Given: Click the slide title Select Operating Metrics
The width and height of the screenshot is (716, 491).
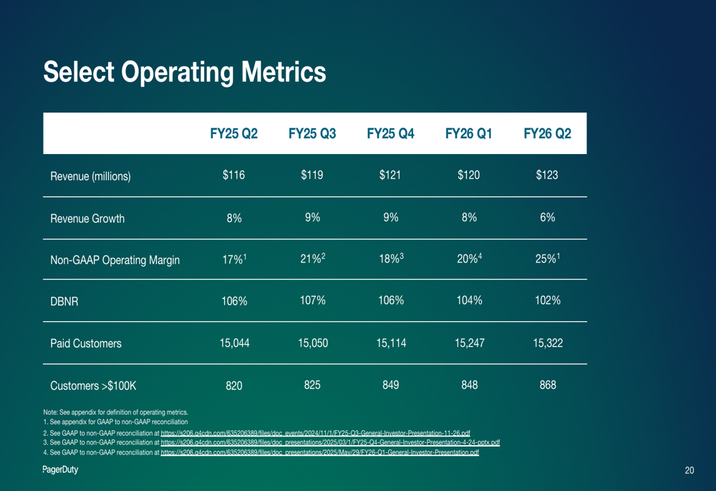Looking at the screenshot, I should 185,72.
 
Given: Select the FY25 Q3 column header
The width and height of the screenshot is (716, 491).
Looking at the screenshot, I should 312,134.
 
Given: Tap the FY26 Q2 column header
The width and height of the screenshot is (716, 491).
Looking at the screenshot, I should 548,134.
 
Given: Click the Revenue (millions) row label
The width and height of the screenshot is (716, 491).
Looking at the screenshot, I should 90,176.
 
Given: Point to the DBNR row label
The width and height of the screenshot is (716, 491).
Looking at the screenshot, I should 64,302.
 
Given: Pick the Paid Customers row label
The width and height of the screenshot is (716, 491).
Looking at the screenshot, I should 86,344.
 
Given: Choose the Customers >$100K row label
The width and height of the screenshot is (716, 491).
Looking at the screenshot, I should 93,386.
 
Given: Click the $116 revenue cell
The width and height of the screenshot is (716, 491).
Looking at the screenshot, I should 234,176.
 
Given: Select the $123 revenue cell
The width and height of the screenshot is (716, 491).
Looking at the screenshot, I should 548,176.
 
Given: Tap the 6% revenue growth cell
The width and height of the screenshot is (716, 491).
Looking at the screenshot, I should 548,218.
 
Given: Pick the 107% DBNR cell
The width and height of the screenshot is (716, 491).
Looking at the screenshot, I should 312,301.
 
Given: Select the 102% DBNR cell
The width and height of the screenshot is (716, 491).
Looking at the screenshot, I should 548,301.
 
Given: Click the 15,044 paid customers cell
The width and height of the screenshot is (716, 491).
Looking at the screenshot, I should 234,343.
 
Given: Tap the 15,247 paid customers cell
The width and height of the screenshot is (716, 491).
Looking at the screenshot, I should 469,343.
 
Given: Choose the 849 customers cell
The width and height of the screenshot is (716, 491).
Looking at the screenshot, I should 391,385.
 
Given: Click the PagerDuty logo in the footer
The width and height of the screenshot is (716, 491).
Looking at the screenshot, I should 61,470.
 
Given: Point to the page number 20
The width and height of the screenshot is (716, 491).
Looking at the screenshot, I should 690,471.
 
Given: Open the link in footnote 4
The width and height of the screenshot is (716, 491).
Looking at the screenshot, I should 319,453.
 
